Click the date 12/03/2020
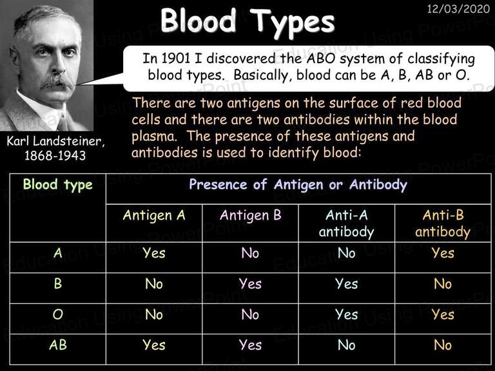[458, 8]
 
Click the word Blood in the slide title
[199, 21]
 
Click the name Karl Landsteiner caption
[55, 141]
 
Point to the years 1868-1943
[55, 155]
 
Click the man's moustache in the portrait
[57, 81]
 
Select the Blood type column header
[58, 185]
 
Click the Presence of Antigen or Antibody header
[298, 185]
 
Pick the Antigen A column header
[154, 216]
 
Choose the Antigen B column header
[250, 216]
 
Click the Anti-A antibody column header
[347, 224]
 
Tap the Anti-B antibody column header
[443, 224]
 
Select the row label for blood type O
[58, 314]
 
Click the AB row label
[58, 345]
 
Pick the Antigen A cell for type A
[154, 253]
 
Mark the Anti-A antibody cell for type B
[347, 283]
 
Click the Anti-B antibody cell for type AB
[443, 345]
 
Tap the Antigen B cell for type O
[250, 314]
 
